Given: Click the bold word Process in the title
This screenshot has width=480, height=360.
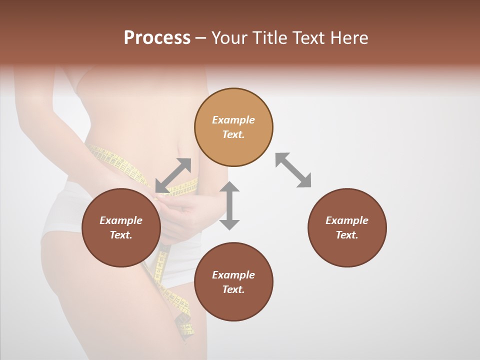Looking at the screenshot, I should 157,38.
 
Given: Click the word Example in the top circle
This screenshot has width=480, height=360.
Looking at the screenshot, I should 233,120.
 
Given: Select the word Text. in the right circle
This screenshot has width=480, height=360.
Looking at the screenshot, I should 347,235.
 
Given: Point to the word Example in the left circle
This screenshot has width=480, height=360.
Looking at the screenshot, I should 121,220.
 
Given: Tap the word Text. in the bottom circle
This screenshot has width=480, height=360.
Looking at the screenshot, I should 233,289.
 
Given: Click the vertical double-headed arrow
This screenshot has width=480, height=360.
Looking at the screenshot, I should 229,205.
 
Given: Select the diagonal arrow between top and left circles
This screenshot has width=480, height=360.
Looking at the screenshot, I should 173,175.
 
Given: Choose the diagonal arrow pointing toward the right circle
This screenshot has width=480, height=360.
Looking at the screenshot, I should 293,170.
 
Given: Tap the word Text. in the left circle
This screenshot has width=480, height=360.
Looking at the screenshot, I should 121,235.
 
